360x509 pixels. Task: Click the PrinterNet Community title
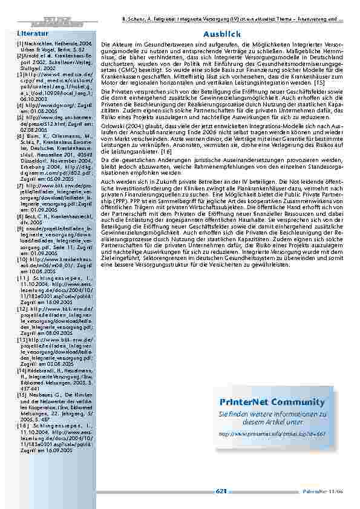click(x=281, y=402)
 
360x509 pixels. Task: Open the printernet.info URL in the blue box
click(x=281, y=433)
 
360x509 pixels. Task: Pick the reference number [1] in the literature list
click(x=20, y=44)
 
